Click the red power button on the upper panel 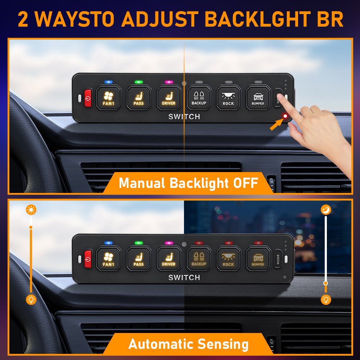[88, 98]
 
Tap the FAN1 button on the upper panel [108, 98]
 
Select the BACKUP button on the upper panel [199, 98]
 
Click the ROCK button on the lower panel [228, 259]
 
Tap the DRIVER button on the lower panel [168, 259]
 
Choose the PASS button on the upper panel [139, 98]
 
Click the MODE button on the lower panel [278, 259]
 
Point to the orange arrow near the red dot [276, 125]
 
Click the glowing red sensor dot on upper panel [285, 116]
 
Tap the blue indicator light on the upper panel [108, 82]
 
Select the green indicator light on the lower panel [139, 243]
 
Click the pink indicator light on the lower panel [169, 243]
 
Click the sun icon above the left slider [31, 210]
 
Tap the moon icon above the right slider [326, 210]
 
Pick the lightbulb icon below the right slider [326, 300]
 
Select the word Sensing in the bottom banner [223, 344]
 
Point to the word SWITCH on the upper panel [184, 117]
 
